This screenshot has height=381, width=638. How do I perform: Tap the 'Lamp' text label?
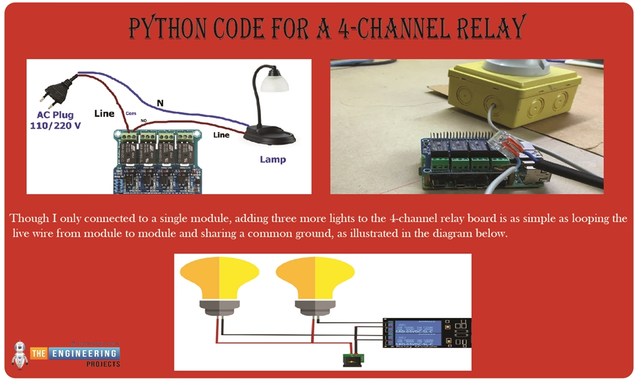273,159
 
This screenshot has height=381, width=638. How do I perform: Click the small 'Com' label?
131,113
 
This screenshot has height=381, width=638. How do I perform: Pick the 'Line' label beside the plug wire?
104,114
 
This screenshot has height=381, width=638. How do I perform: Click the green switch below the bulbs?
353,359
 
